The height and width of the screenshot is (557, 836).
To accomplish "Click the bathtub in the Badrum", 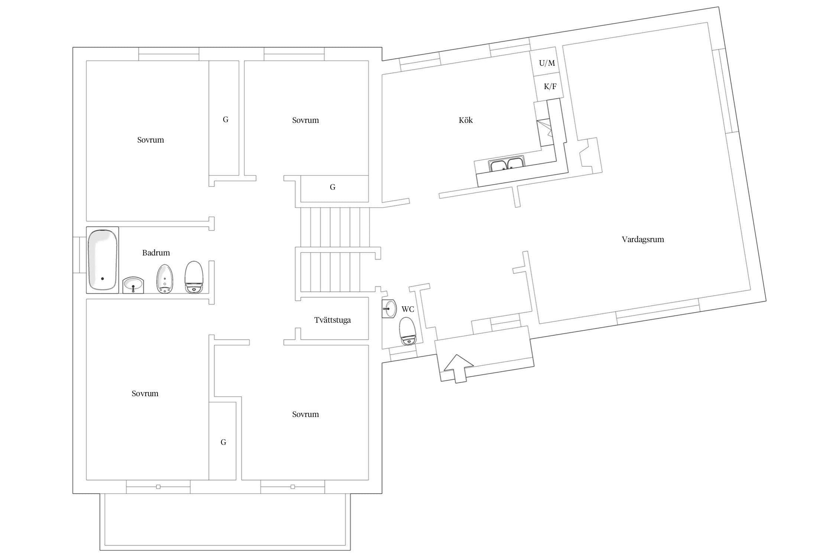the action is tap(103, 260).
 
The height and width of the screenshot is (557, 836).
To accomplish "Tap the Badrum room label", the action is tap(156, 253).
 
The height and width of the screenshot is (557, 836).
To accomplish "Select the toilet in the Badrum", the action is tap(194, 277).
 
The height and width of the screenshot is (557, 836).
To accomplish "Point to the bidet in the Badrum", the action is tap(165, 278).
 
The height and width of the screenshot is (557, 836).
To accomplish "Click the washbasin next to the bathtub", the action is tap(133, 285).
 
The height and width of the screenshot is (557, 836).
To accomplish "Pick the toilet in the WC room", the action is tap(408, 331).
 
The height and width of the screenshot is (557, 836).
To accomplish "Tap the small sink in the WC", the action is tap(389, 309).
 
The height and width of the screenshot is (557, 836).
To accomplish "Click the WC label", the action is tap(408, 309).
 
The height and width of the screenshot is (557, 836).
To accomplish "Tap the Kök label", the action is tap(466, 120).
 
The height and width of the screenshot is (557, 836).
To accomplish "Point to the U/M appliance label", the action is tap(547, 63).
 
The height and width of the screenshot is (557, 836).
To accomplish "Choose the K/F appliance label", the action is tap(550, 87).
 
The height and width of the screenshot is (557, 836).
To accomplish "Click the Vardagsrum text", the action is tap(643, 240).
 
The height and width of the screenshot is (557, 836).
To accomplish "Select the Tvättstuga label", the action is tap(333, 320).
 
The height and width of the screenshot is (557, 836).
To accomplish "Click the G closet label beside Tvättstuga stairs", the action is tap(333, 187).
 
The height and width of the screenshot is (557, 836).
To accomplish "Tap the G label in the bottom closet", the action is tap(223, 442).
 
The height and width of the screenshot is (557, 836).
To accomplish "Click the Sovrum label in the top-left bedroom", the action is tap(150, 140).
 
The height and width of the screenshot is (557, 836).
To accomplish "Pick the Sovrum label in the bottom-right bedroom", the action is tap(305, 414).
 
